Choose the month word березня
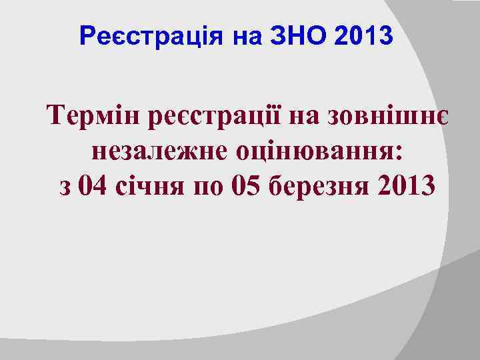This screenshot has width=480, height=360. [x=313, y=185]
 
